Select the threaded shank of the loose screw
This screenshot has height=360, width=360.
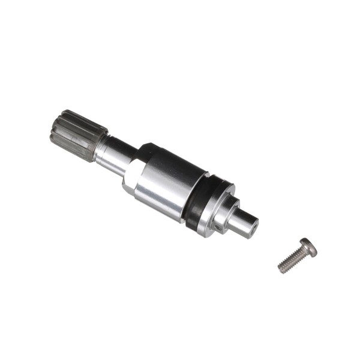292,259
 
